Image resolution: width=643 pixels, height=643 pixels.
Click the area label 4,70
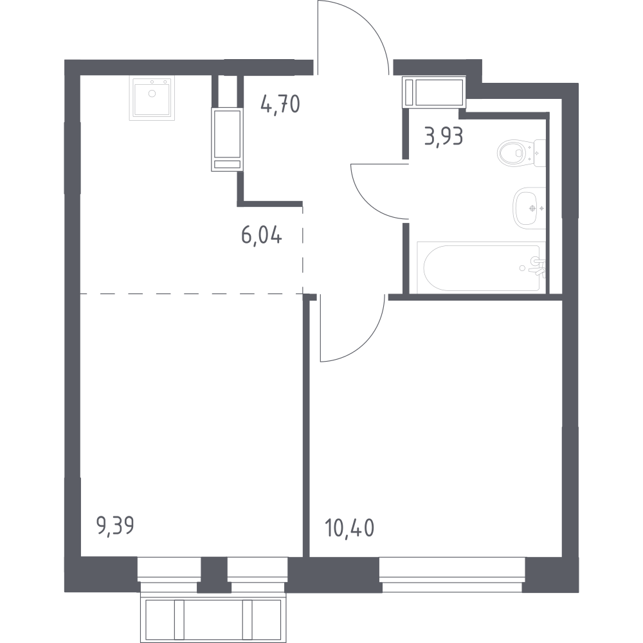coord(280,104)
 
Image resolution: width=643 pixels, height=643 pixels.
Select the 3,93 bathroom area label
coord(444,136)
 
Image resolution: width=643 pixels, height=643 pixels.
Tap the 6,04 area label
coord(262,236)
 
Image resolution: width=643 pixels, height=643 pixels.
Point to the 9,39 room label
coord(115,525)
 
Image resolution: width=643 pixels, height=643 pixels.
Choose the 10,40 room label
coord(349,528)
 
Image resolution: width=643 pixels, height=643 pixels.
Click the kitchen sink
coord(152,98)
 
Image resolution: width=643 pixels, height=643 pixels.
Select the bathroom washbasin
coord(529,208)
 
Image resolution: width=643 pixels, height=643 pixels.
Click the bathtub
coord(481,267)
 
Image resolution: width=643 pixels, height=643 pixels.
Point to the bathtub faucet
coord(537,267)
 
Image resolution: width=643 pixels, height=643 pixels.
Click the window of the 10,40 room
coord(452,574)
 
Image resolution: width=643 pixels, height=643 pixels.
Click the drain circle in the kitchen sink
coord(152,94)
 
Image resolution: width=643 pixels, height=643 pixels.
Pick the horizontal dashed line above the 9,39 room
coord(192,294)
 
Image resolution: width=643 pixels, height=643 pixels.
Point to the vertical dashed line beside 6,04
coord(303,250)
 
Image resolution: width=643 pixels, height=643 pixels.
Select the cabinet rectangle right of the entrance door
coord(435,92)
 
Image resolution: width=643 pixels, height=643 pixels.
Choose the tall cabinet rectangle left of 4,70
coord(227,139)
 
